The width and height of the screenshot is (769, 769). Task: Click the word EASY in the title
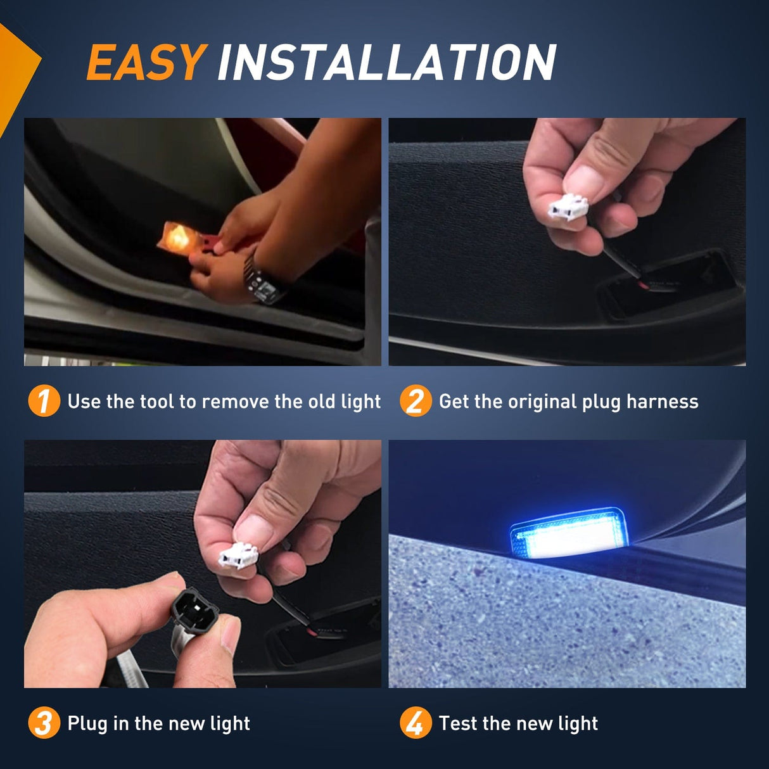click(146, 63)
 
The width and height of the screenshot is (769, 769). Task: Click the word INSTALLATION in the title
click(386, 63)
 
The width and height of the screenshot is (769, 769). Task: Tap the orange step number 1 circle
click(44, 401)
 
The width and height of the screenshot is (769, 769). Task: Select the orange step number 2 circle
click(415, 401)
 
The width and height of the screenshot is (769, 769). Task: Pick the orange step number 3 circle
click(44, 723)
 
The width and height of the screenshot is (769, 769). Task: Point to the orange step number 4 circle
click(415, 723)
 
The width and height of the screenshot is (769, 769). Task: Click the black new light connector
click(194, 609)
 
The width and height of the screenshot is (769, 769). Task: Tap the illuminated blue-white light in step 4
click(566, 533)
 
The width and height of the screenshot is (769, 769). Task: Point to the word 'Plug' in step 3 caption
click(87, 723)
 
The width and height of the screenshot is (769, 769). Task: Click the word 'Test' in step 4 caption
click(458, 723)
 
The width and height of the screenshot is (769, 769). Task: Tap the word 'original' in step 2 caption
click(542, 402)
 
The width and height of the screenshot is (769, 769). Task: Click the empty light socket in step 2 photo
click(665, 283)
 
